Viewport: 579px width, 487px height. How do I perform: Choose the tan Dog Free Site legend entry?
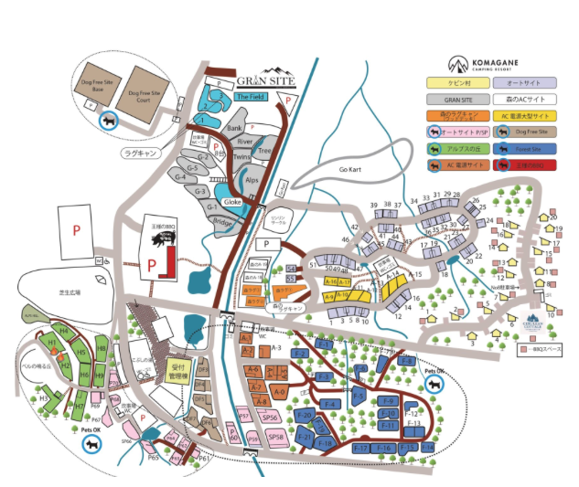pos(534,132)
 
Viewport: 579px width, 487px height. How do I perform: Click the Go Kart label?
pos(351,171)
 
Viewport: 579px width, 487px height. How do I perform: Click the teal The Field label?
pos(252,96)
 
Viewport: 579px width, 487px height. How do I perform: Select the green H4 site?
pos(65,330)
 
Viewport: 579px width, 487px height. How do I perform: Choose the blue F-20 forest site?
pos(307,416)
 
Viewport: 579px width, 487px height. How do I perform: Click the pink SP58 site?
pos(276,439)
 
